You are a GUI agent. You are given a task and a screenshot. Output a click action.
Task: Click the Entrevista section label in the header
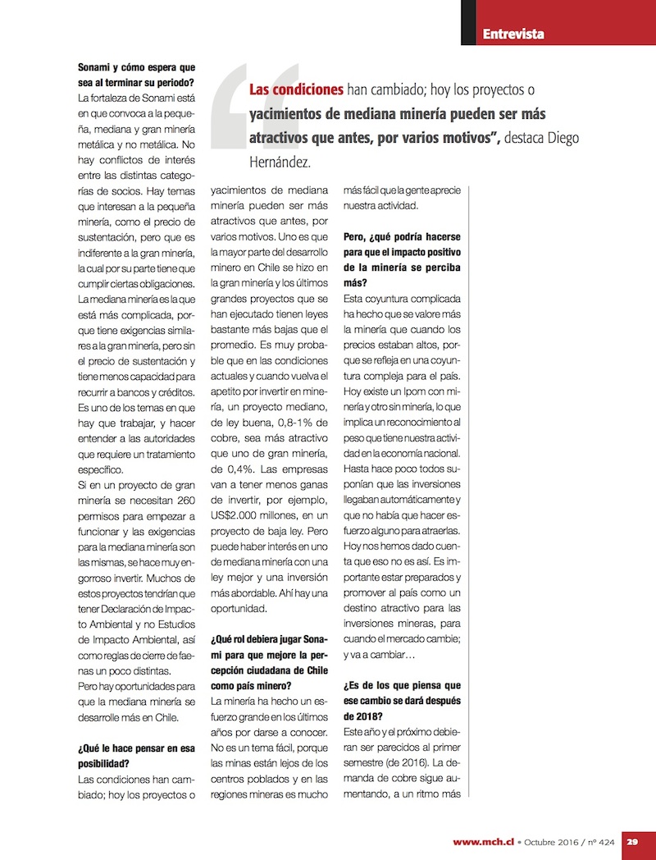513,34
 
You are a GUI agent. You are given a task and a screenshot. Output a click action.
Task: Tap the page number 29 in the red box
633,841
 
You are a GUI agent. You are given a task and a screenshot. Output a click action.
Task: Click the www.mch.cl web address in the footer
483,841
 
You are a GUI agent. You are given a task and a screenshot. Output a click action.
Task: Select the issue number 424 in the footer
607,841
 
